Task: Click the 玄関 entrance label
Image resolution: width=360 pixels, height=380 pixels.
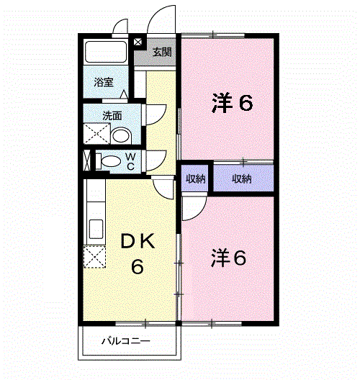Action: tap(162, 52)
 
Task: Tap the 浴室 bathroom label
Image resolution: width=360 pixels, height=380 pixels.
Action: tap(104, 82)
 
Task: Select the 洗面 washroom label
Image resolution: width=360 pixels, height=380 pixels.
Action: tap(112, 116)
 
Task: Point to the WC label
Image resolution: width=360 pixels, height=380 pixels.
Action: tap(130, 161)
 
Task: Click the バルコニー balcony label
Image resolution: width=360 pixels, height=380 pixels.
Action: tap(126, 341)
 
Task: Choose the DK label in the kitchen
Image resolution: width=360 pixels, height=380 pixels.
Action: tap(138, 241)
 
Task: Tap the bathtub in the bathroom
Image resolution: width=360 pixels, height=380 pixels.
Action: tap(106, 52)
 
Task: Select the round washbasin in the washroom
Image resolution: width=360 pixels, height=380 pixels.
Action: tap(121, 136)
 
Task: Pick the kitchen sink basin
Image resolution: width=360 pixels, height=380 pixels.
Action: tap(96, 229)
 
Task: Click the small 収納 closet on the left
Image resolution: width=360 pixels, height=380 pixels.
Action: tap(195, 178)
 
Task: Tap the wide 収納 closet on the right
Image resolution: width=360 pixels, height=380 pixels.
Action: tap(243, 178)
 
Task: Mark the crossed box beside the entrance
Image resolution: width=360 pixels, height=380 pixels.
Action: tap(138, 42)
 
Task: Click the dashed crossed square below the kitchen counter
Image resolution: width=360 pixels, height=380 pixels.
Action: tap(94, 257)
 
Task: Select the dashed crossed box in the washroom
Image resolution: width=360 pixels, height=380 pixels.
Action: tap(96, 134)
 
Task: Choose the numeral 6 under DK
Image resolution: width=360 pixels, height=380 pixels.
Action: tap(138, 266)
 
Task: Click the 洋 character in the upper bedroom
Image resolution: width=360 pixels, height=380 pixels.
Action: tap(222, 103)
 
